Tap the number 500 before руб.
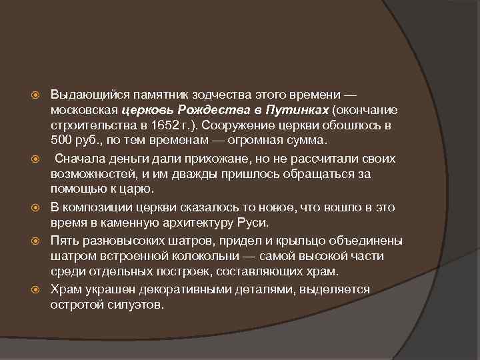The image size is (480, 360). tap(61, 141)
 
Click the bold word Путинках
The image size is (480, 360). tap(297, 109)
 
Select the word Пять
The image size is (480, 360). tap(64, 239)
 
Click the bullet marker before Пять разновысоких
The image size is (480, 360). tap(39, 239)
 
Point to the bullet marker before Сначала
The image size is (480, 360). tap(39, 158)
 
